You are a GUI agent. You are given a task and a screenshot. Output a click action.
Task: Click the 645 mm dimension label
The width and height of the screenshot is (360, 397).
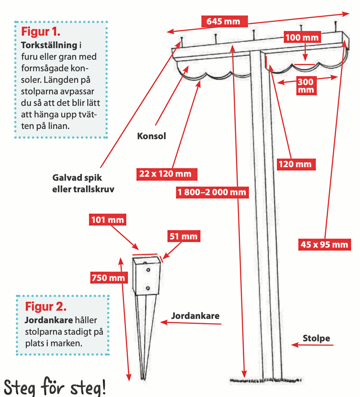click(x=223, y=21)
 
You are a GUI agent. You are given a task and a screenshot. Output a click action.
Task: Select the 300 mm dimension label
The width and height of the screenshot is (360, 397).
click(x=305, y=86)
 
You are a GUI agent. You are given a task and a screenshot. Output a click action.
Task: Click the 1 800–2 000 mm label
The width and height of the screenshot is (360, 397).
click(x=212, y=193)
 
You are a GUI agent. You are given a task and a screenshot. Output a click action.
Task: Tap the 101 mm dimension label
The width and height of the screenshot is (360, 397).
click(x=108, y=220)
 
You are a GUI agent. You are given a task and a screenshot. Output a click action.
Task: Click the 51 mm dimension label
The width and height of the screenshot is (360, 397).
click(x=183, y=237)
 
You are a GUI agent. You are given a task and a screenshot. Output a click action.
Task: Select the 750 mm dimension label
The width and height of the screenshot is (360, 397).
click(x=108, y=278)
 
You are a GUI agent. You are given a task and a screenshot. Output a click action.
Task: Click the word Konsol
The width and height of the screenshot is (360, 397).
click(x=151, y=136)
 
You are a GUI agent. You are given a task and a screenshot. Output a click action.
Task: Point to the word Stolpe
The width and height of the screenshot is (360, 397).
click(x=316, y=339)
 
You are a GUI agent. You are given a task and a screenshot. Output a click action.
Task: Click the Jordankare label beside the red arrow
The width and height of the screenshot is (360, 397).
click(x=195, y=316)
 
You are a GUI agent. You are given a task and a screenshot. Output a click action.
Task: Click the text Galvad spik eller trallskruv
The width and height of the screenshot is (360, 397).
click(x=83, y=183)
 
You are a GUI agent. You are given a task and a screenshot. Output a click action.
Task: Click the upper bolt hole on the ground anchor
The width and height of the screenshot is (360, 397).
click(x=148, y=270)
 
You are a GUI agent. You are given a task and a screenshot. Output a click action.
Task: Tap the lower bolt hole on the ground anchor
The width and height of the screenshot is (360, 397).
click(x=148, y=288)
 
